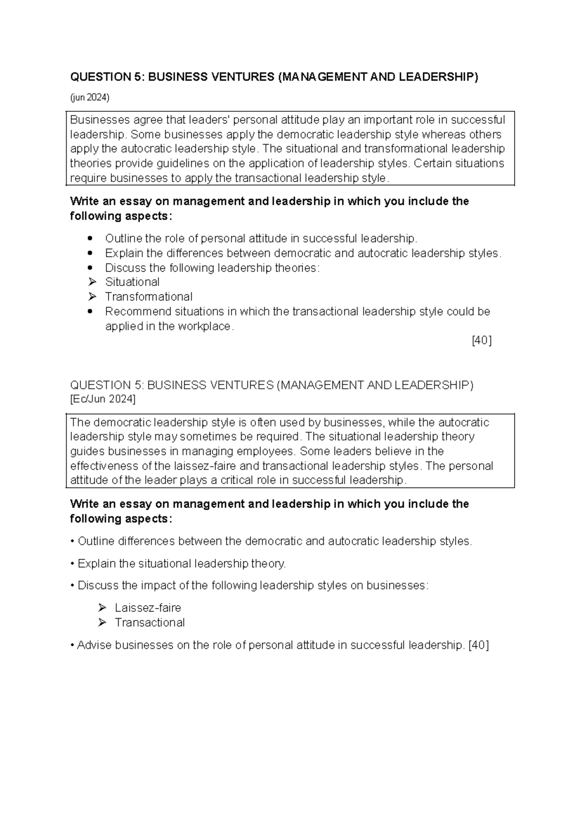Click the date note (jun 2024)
tap(90, 98)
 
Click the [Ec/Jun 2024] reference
tap(103, 399)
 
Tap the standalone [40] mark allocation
tap(481, 341)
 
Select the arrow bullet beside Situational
tap(93, 282)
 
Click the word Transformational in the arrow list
tap(149, 297)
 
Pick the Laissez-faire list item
tap(148, 608)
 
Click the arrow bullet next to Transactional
tap(102, 623)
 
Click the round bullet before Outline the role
tap(90, 239)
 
